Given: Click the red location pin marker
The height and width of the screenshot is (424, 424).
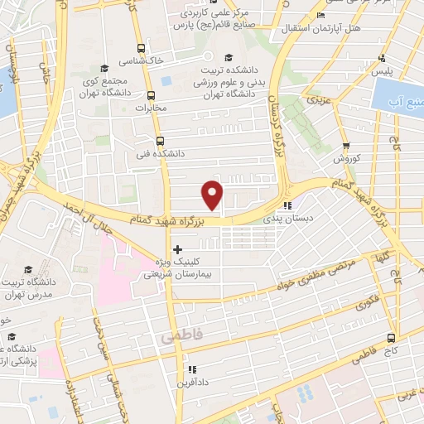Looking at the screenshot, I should tap(213, 195).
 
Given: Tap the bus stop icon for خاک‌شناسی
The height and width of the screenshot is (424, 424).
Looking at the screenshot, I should tap(141, 48).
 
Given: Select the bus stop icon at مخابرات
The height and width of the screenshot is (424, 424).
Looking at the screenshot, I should tap(150, 95).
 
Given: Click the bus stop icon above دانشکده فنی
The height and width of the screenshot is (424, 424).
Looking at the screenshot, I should tap(159, 141).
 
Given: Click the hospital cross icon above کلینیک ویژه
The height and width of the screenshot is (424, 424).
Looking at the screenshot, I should tap(177, 248).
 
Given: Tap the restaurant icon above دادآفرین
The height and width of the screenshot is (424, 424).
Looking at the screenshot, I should tap(191, 369).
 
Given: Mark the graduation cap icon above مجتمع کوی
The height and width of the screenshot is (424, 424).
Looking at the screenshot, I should tap(104, 68).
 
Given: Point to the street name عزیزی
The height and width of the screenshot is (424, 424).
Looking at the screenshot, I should tap(317, 99).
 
